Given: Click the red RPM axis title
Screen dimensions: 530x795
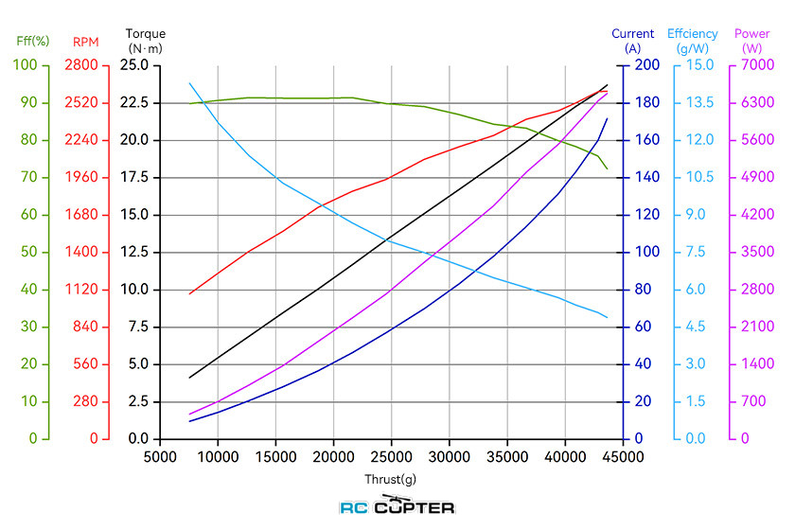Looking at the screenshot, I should (84, 42).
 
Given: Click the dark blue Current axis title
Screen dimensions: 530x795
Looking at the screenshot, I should (633, 41).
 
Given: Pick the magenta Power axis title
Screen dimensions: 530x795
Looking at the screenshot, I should (752, 41).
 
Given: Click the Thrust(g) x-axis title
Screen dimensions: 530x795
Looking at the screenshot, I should (390, 479).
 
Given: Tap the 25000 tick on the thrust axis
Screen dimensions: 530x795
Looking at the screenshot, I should (391, 455).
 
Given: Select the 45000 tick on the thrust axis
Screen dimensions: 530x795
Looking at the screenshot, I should (622, 455).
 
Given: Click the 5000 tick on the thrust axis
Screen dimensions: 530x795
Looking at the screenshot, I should (160, 455).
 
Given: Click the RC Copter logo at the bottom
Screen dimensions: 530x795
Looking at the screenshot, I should (397, 506).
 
